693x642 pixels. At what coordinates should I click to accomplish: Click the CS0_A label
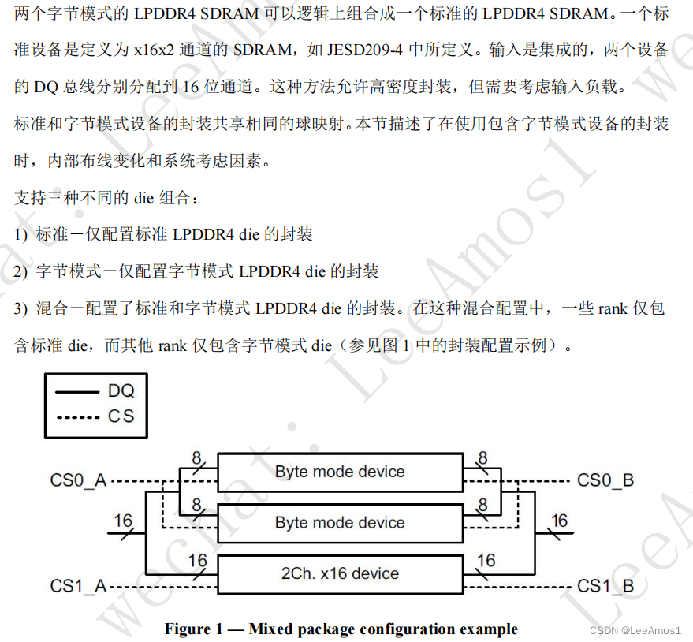tap(78, 480)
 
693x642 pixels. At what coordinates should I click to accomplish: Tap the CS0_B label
tap(605, 480)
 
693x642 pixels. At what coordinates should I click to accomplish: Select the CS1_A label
tap(78, 587)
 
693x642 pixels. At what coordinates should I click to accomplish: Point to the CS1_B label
tap(605, 586)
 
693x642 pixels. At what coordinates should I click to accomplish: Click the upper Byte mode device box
tap(340, 472)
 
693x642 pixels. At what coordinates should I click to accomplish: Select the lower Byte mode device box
tap(340, 523)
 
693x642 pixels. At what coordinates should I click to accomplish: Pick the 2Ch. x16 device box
tap(340, 573)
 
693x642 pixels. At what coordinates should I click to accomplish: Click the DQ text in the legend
tap(121, 390)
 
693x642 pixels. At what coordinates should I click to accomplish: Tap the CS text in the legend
tap(121, 416)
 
